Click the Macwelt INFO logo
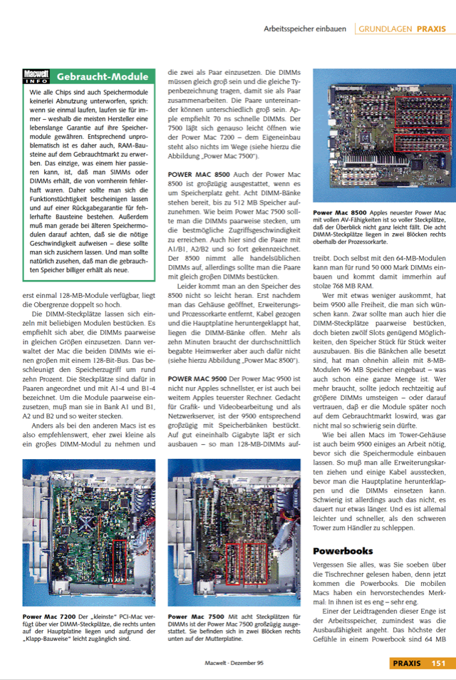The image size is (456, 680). click(36, 76)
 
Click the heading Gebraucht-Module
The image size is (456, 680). click(103, 76)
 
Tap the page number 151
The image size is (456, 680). click(437, 664)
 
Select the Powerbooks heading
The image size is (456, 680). click(343, 551)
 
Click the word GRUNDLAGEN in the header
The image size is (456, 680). click(385, 29)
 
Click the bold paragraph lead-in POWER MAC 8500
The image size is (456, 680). click(198, 175)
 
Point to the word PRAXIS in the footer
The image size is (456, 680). click(408, 664)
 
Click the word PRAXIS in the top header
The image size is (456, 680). click(432, 29)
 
